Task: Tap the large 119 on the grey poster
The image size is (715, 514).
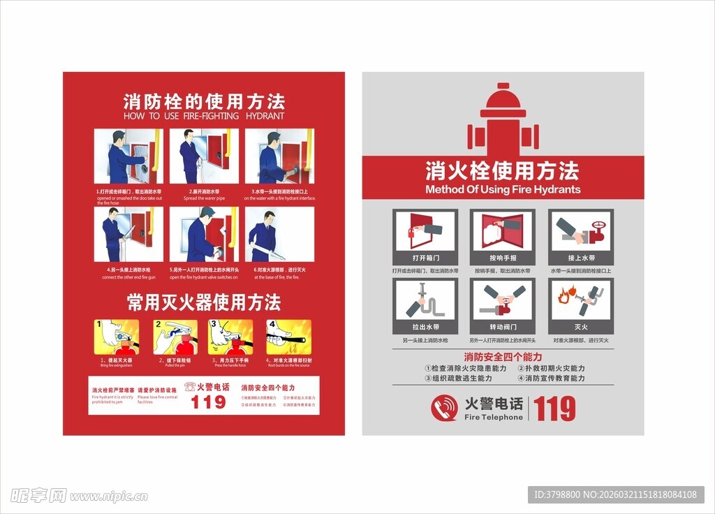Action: [x=555, y=409]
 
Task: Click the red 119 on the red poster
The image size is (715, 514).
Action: [x=208, y=402]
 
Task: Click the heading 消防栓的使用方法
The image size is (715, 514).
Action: [x=204, y=101]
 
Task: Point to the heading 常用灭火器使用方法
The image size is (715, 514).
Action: [x=204, y=302]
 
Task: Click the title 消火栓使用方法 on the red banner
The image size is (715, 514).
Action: [x=503, y=170]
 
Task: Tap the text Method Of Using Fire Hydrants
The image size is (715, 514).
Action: [x=503, y=189]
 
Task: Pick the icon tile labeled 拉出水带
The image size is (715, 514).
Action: [x=425, y=305]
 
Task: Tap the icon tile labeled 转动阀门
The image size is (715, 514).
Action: [x=503, y=305]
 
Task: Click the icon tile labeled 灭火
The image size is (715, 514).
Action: [x=580, y=305]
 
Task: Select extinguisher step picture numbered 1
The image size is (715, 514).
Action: [x=117, y=337]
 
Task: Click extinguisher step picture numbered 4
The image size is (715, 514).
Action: [x=288, y=337]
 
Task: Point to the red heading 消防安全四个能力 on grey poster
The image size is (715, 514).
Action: [x=503, y=357]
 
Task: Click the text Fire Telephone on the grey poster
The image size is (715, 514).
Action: [x=494, y=417]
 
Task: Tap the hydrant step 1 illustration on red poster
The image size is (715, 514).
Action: [x=128, y=156]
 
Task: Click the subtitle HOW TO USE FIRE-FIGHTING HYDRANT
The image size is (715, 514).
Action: [x=204, y=116]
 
